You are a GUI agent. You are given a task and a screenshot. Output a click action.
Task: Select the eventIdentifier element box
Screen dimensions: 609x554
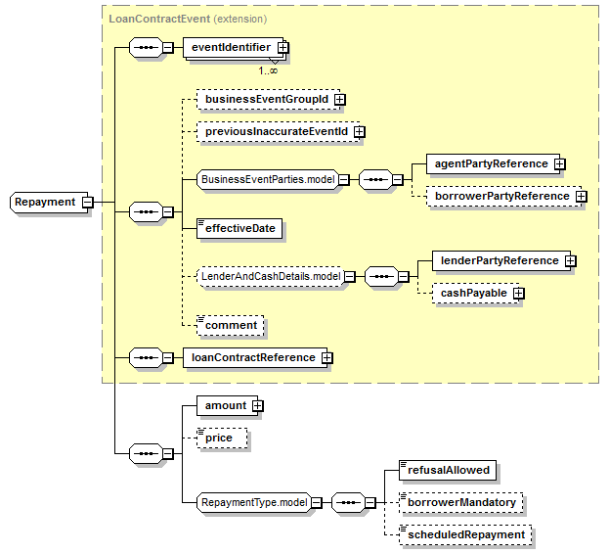pos(234,47)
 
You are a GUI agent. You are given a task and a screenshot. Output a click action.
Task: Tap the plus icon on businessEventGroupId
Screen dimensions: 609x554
pos(339,100)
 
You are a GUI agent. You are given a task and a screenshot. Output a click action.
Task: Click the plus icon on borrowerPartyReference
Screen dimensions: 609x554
pos(581,197)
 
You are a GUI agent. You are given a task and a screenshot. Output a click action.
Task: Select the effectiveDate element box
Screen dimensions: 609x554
pos(239,228)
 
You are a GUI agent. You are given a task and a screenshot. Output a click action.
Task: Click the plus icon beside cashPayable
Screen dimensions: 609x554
pos(518,293)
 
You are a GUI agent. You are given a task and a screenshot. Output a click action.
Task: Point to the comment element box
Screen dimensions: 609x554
pos(231,325)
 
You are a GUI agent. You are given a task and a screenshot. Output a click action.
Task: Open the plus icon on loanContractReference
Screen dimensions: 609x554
pos(327,357)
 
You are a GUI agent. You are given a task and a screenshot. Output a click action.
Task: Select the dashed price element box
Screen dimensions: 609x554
pos(222,439)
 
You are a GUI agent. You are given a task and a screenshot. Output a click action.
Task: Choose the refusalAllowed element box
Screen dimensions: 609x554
pos(448,471)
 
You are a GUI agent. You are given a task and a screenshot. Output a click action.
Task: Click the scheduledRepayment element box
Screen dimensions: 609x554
pos(465,535)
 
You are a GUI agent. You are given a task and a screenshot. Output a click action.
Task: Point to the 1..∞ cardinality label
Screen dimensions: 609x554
pos(268,70)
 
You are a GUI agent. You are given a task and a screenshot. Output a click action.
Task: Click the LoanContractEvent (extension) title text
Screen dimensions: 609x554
pos(188,19)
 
